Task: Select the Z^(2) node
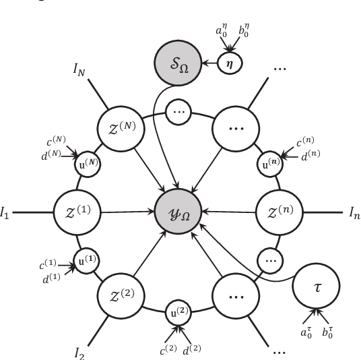(124, 297)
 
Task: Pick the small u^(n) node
(269, 162)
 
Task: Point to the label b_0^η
(243, 30)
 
